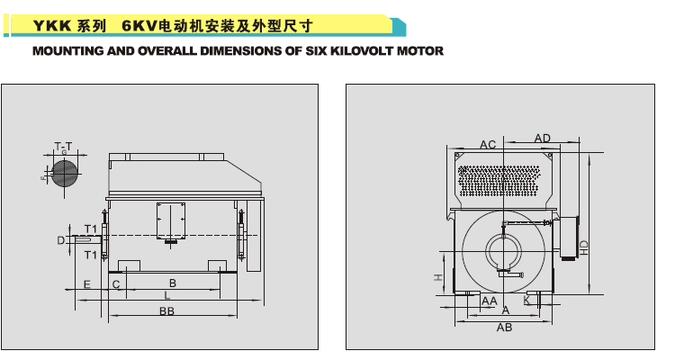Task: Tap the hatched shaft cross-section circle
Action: click(x=64, y=172)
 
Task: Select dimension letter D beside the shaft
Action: click(x=60, y=239)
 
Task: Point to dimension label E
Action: click(x=86, y=284)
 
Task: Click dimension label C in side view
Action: click(x=116, y=284)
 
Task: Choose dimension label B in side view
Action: click(x=172, y=283)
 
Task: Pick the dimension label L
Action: click(x=166, y=295)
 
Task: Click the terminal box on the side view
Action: click(x=171, y=220)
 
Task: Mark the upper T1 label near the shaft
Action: click(x=90, y=227)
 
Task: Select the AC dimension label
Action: click(x=488, y=144)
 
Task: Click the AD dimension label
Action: click(x=542, y=138)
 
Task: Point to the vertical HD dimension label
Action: click(x=584, y=247)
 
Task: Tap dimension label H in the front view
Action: click(x=438, y=278)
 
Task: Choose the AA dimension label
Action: click(x=490, y=300)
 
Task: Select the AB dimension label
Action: click(x=504, y=328)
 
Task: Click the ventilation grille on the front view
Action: click(x=499, y=181)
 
